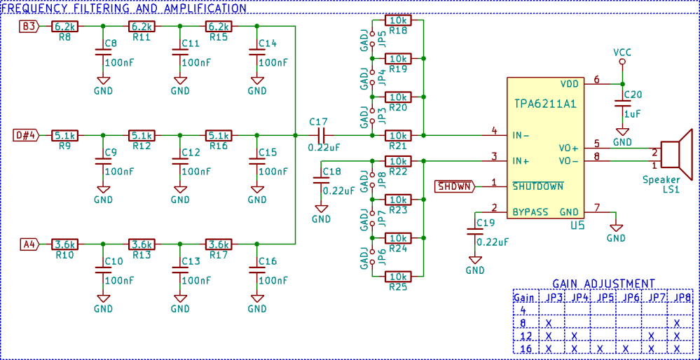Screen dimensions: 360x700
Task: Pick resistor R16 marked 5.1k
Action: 219,135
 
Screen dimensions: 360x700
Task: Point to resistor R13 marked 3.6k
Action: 142,244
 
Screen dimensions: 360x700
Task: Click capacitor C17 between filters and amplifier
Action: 321,135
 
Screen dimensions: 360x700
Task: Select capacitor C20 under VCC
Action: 622,104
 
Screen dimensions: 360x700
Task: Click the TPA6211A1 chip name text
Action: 544,104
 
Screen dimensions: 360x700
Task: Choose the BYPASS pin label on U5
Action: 530,212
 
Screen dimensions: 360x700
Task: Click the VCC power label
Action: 622,53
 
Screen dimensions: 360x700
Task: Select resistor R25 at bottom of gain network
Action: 398,276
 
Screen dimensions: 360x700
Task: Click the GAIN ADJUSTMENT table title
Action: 603,284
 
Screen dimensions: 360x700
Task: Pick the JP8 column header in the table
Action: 681,298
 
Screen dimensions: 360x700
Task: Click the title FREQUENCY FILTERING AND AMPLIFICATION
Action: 125,8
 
